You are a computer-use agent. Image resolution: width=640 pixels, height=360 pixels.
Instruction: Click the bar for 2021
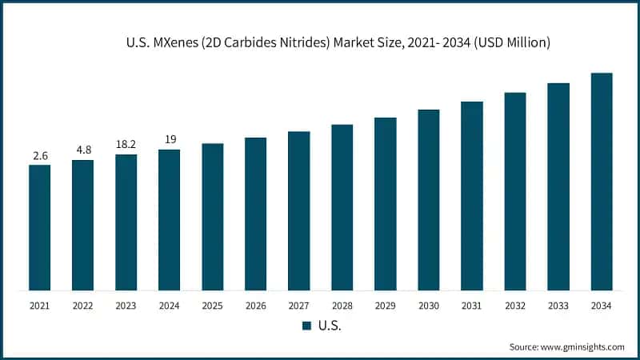pos(39,227)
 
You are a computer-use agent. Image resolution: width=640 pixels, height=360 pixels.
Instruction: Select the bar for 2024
pos(169,219)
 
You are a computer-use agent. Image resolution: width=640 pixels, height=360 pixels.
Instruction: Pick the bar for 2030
pos(429,199)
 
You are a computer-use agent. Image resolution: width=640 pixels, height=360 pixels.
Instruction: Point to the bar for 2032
pos(515,191)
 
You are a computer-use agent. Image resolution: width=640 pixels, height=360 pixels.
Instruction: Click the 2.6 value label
pos(40,154)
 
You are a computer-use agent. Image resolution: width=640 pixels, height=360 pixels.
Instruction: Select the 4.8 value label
pos(83,149)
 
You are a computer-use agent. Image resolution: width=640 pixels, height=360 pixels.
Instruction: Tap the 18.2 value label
pos(126,144)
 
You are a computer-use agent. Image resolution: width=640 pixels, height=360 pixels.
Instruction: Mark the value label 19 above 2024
pos(170,139)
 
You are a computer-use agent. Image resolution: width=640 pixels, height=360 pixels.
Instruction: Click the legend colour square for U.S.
pos(306,326)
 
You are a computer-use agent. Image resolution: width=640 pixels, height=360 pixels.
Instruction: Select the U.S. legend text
pos(330,326)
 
